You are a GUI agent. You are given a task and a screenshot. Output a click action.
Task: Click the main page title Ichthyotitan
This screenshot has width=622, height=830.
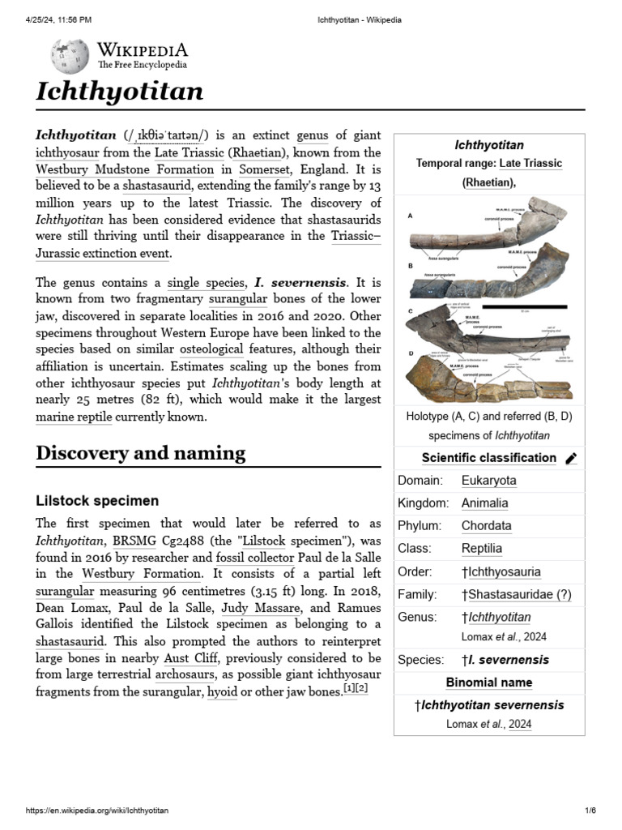coord(119,92)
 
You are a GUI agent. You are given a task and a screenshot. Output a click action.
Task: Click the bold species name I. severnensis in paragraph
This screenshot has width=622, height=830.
coord(300,283)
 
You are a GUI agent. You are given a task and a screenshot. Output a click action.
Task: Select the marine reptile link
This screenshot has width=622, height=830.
coord(70,417)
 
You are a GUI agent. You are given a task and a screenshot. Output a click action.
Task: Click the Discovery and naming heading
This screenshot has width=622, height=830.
coord(140,453)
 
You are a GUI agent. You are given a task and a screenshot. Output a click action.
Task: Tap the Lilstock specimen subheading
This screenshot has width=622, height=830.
coord(97,501)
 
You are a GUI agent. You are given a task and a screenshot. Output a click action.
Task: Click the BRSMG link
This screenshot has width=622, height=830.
coord(133,541)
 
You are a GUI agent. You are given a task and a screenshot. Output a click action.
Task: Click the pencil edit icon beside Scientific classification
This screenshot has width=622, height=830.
coord(571,459)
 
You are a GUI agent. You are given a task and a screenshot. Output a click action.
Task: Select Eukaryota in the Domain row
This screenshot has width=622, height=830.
coord(488,481)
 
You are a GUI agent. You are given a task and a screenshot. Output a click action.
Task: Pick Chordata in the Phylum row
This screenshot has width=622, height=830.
coord(486,526)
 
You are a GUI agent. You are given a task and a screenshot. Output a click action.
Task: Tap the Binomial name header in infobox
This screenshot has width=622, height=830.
coord(488,682)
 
